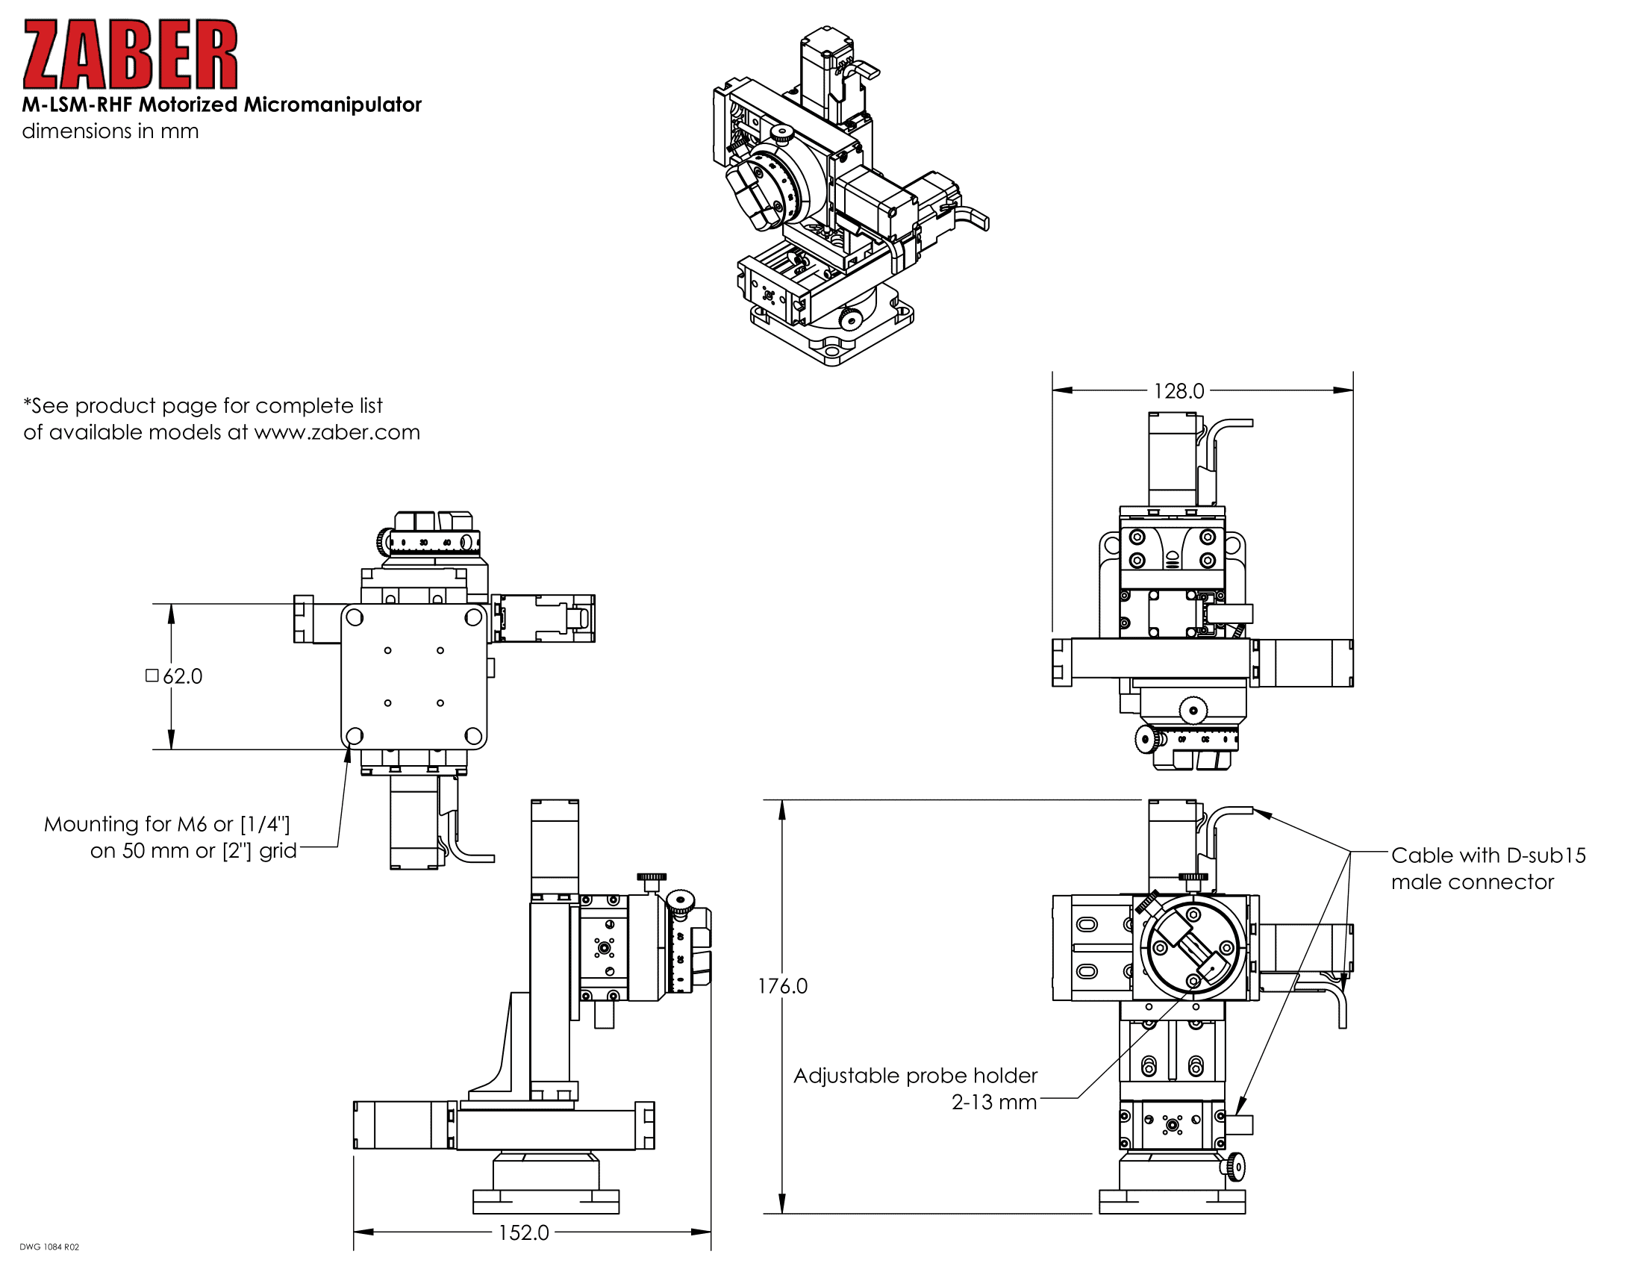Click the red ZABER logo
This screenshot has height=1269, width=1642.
click(130, 54)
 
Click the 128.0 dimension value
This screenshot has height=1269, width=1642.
click(1178, 391)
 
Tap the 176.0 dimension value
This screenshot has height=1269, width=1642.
click(782, 985)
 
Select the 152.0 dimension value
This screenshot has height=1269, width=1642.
click(523, 1232)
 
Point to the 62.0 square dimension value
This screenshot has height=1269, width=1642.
click(183, 676)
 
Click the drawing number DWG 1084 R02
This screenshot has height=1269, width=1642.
click(49, 1247)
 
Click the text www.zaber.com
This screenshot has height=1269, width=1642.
click(337, 432)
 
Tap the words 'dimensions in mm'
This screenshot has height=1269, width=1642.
click(110, 131)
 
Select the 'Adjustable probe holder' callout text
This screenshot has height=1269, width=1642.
click(915, 1076)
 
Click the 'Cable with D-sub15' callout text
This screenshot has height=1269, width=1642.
click(1488, 855)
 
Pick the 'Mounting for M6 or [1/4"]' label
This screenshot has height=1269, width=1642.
click(167, 824)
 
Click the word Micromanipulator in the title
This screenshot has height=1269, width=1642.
click(332, 105)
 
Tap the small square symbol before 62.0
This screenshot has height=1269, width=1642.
click(152, 675)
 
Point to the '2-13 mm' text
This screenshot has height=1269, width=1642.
click(994, 1102)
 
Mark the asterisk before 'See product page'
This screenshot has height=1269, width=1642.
click(28, 404)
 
